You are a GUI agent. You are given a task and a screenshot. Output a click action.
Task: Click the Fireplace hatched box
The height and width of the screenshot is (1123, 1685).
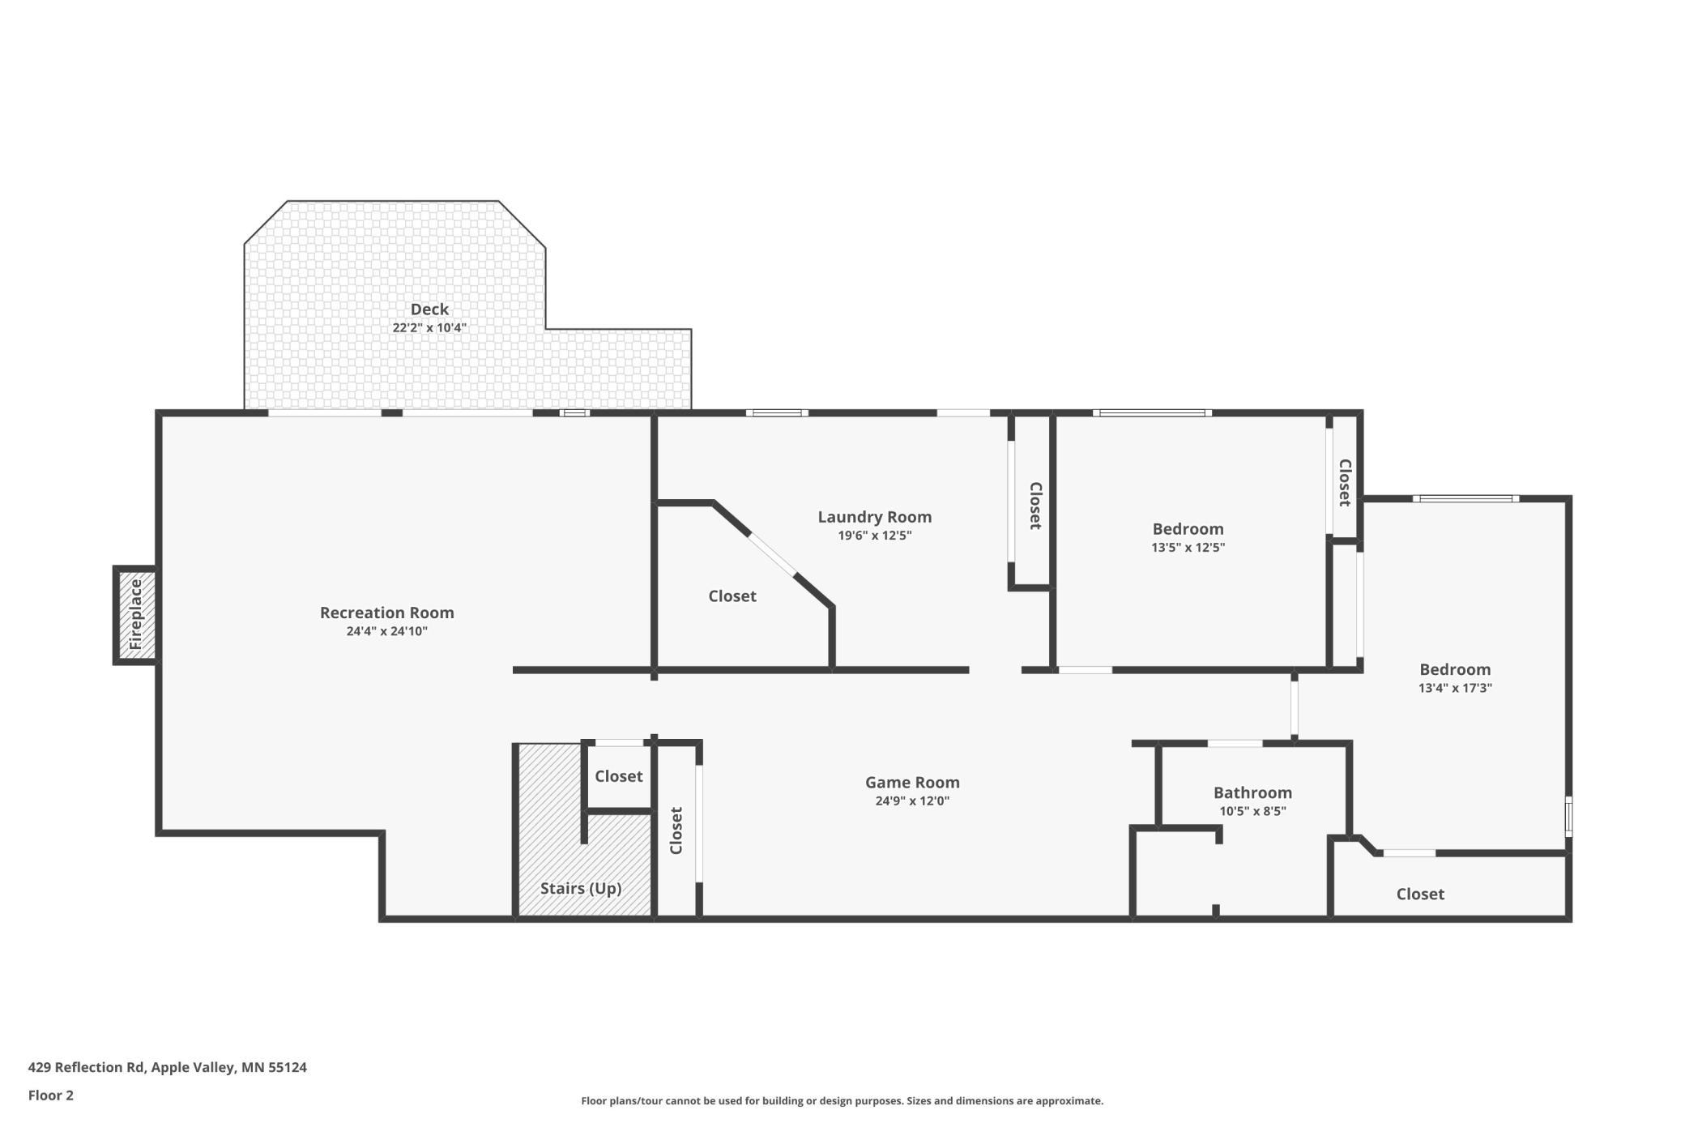coord(135,615)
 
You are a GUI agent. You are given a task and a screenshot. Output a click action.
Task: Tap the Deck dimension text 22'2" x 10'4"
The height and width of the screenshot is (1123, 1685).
coord(429,328)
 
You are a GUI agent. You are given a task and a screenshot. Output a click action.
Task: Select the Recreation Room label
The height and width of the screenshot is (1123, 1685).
coord(387,613)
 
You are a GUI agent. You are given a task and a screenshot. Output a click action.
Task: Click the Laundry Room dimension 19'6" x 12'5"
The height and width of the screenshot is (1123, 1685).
coord(875,536)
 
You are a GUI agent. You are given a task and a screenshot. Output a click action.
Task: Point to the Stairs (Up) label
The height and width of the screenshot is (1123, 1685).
coord(581,888)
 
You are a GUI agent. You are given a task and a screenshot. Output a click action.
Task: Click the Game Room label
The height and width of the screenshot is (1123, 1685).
coord(912,782)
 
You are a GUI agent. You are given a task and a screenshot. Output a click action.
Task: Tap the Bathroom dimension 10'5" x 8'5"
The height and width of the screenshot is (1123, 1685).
coord(1252,811)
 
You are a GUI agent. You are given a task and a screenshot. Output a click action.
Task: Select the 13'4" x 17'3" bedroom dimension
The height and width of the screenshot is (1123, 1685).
coord(1455,688)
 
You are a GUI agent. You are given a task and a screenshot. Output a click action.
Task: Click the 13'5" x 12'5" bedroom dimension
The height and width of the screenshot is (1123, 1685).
coord(1188,548)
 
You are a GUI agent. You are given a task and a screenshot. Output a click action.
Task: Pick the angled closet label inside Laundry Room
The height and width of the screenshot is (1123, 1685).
coord(732,596)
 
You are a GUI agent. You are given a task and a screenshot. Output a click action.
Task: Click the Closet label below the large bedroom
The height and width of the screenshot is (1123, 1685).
coord(1420,894)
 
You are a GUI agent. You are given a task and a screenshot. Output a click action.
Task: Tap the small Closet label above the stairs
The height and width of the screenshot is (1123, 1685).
coord(619,776)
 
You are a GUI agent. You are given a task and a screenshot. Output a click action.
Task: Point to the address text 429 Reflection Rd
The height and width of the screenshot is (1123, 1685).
coord(87,1067)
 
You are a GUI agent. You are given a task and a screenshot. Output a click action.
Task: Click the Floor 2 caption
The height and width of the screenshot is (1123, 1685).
coord(51,1095)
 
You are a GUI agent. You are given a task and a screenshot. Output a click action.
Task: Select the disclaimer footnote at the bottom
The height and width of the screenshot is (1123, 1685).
coord(842,1100)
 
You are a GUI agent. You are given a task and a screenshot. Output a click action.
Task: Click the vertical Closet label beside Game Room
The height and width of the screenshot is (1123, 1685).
coord(676,831)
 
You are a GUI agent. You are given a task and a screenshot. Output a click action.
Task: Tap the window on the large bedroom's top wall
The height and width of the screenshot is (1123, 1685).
coord(1466,498)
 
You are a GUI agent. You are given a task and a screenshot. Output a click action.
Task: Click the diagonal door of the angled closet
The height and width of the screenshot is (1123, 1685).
coord(773,554)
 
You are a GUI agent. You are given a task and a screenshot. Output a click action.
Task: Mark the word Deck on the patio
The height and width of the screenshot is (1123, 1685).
coord(429,309)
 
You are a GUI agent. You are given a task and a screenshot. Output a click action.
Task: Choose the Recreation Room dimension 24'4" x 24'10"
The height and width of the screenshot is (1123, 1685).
coord(387,631)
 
